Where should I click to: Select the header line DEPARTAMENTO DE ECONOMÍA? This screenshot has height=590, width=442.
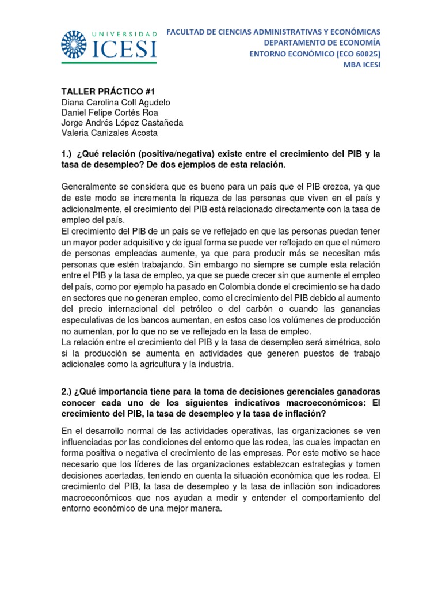[x=322, y=42]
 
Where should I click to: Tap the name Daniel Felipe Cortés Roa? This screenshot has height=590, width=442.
[x=109, y=112]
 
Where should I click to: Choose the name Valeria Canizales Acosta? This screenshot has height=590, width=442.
[x=109, y=133]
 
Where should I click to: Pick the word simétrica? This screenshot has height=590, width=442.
[x=328, y=342]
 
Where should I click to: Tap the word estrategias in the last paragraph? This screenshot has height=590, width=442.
[x=317, y=463]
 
